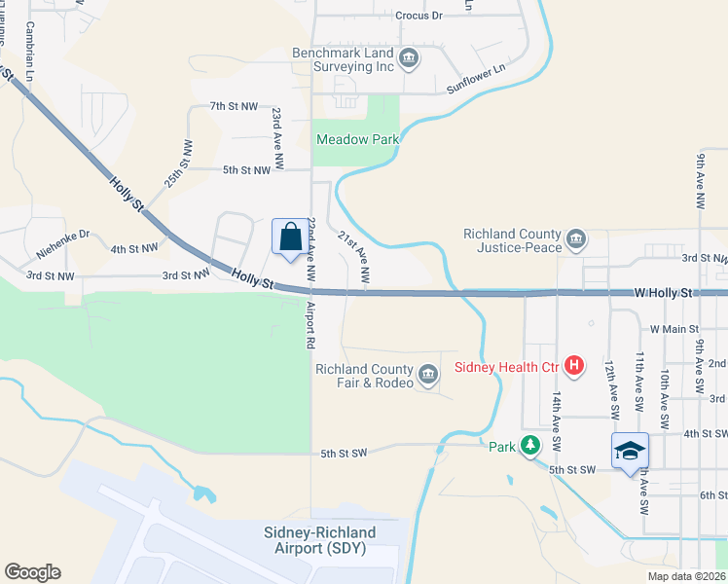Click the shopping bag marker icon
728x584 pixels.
tap(290, 237)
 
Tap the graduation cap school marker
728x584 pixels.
tap(630, 451)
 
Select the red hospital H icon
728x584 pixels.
tap(575, 366)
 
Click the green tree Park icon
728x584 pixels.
tap(529, 447)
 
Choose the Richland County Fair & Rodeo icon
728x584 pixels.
tap(427, 375)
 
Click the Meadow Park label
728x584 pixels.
tap(358, 139)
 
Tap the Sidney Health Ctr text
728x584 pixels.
tap(508, 367)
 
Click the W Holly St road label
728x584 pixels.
tap(663, 291)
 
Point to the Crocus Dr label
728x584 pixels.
tap(419, 16)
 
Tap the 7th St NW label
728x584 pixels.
tap(234, 105)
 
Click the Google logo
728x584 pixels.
tap(32, 572)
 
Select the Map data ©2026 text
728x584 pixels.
tap(685, 576)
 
